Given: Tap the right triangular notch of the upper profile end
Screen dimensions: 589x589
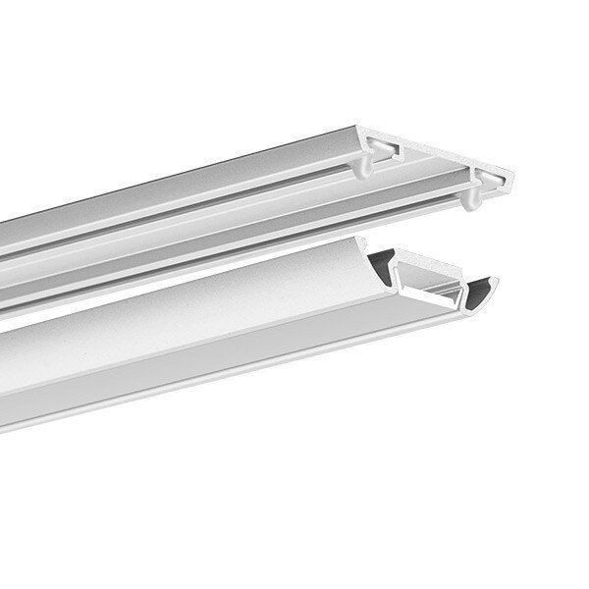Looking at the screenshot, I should (487, 178).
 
